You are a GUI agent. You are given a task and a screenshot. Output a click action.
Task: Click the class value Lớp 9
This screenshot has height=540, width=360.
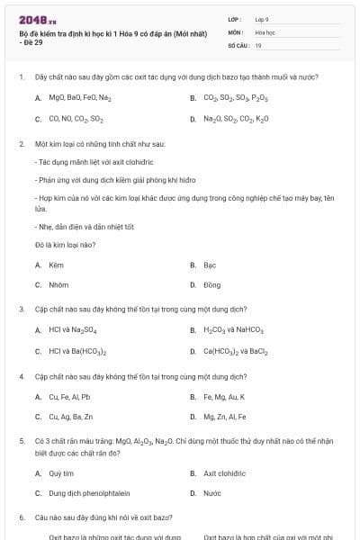(x=262, y=18)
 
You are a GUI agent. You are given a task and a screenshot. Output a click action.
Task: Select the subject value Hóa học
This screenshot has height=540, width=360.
(x=265, y=31)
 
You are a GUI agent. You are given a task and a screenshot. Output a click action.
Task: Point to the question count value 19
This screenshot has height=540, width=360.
(x=258, y=44)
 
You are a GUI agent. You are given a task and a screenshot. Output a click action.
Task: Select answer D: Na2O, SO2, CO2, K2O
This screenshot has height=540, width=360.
(x=236, y=119)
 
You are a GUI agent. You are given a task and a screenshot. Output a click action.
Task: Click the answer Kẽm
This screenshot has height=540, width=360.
(x=57, y=265)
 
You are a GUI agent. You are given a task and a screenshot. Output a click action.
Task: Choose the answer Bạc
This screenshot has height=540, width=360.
(x=210, y=265)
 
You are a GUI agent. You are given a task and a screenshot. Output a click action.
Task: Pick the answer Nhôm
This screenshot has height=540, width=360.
(x=58, y=284)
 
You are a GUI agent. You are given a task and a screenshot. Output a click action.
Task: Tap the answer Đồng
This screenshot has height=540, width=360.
(x=211, y=284)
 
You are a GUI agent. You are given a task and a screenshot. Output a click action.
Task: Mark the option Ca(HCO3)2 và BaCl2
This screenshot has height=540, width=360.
(x=236, y=352)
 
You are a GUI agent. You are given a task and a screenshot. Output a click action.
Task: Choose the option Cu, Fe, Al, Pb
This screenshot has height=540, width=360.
(x=69, y=397)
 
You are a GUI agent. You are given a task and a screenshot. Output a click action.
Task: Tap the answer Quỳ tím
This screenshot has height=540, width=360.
(x=61, y=472)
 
